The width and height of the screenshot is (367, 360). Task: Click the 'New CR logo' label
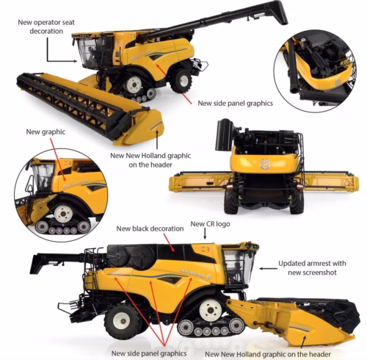point(208,223)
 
